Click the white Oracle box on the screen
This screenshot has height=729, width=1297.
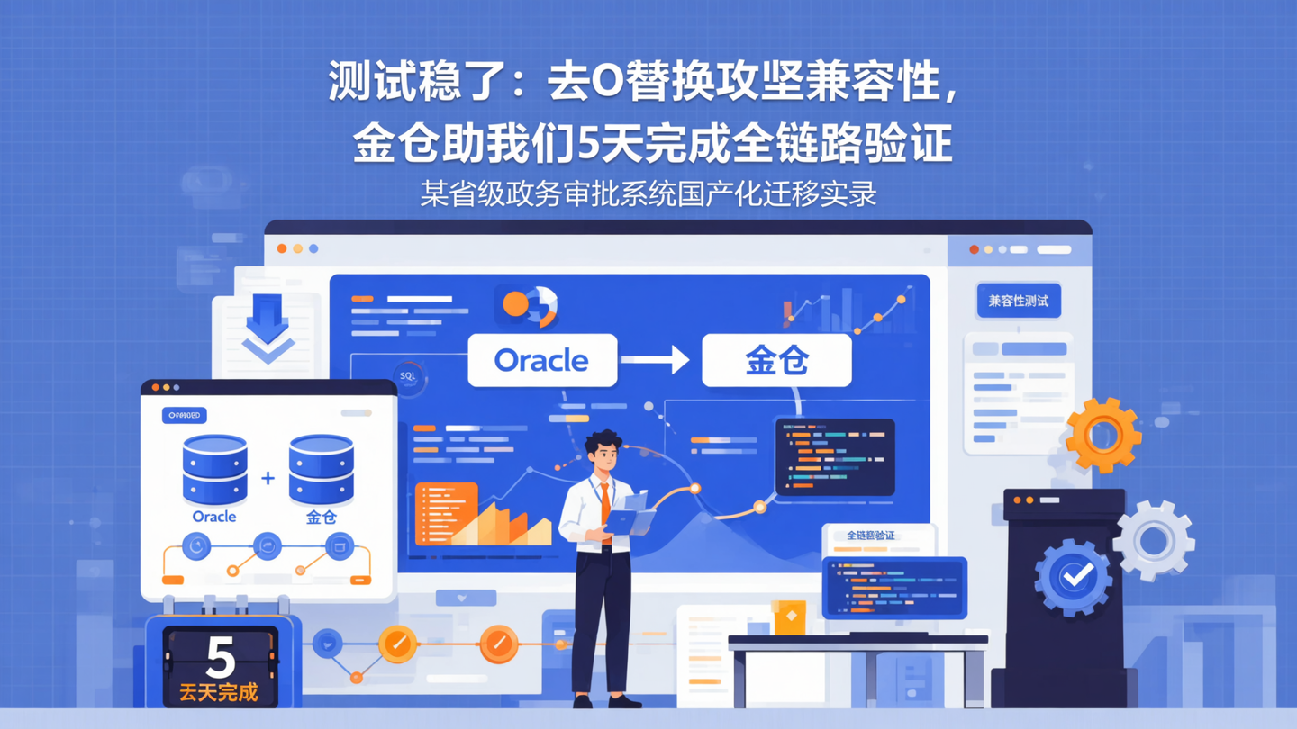pos(542,360)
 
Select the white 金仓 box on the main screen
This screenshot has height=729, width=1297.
pos(776,360)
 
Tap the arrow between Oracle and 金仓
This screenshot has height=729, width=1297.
pos(657,360)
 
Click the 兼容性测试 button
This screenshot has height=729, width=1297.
pos(1018,301)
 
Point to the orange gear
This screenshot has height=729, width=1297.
pos(1102,435)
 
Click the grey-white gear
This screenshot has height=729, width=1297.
pos(1154,540)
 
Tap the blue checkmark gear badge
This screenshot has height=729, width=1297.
pos(1074,576)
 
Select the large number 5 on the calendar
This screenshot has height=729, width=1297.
pos(220,657)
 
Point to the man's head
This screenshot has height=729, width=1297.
pos(603,450)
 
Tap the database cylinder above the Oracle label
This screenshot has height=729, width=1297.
pos(214,469)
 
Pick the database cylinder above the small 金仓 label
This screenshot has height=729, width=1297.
pos(321,469)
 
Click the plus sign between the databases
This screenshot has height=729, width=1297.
pos(268,479)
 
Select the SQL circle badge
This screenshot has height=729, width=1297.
pos(408,376)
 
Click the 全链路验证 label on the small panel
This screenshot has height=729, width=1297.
pos(871,535)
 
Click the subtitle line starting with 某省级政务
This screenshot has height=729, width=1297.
pos(648,193)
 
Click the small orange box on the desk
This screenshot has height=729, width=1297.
pos(790,617)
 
